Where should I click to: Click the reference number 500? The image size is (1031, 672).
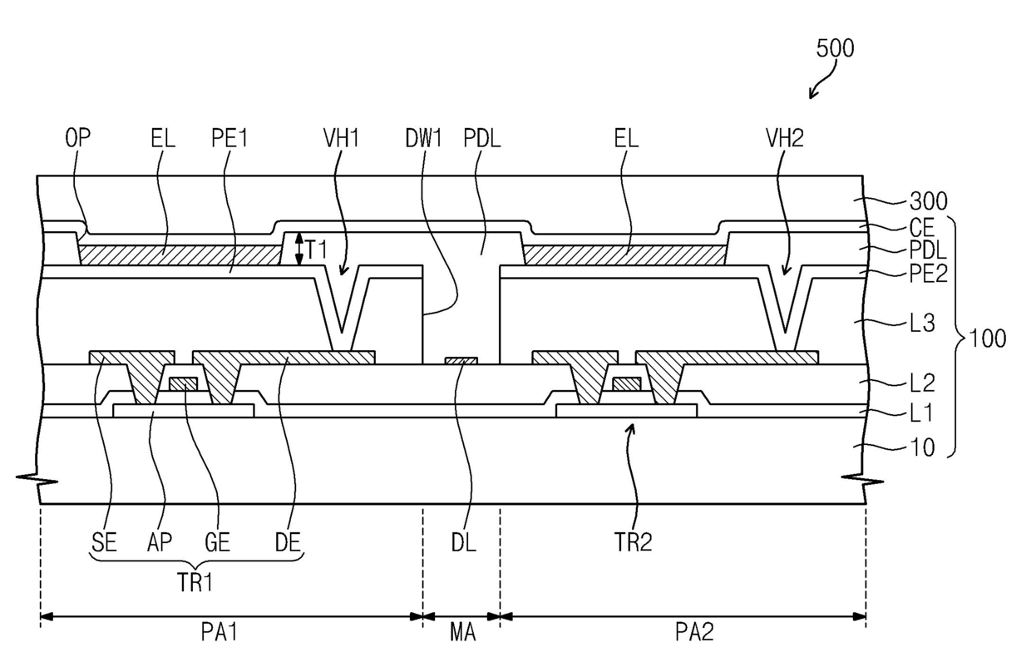[835, 48]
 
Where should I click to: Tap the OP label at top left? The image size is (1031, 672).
[78, 137]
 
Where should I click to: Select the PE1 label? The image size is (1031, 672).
[229, 137]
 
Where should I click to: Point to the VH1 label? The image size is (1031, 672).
[341, 137]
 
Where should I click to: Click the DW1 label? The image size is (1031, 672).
[423, 137]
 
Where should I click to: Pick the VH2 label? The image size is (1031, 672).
[785, 137]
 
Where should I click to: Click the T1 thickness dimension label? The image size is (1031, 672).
[317, 250]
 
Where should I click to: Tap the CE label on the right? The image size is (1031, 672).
[922, 228]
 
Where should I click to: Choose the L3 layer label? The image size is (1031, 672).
[922, 324]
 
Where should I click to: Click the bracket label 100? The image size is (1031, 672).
[988, 338]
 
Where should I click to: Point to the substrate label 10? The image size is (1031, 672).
[922, 447]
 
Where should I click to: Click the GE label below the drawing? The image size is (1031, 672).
[217, 542]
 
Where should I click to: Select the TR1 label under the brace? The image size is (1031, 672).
[195, 583]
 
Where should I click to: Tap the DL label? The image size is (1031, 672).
[463, 542]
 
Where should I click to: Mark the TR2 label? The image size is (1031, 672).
[633, 542]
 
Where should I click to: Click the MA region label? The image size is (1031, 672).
[462, 632]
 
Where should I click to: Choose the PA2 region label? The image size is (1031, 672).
[694, 632]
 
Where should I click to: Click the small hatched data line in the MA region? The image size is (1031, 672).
[461, 361]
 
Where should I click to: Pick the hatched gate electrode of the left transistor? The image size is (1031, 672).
[183, 384]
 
